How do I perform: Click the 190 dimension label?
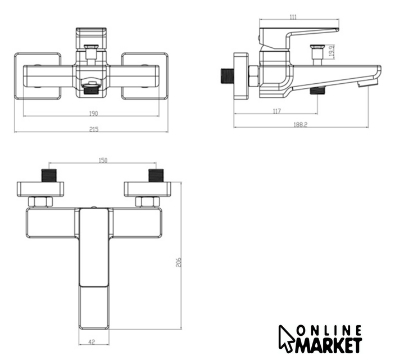tap(93, 113)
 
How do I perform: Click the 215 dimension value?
tap(94, 129)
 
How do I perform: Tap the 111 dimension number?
tap(293, 17)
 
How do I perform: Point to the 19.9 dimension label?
tap(332, 51)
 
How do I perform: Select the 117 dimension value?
tap(276, 111)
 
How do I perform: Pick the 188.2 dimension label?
tap(301, 125)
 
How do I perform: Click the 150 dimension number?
tap(103, 160)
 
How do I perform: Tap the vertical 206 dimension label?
tap(178, 262)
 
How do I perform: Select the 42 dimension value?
tap(92, 342)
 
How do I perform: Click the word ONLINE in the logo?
tap(329, 330)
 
